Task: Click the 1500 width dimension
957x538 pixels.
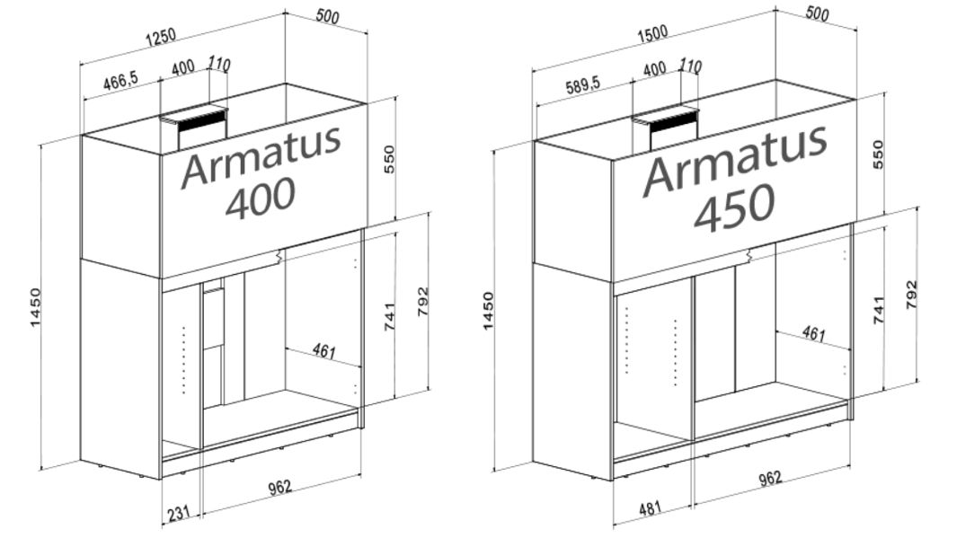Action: [x=651, y=33]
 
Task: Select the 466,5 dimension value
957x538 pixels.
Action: [x=120, y=82]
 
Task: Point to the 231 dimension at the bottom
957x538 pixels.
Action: [x=180, y=515]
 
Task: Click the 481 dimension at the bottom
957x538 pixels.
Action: [x=651, y=508]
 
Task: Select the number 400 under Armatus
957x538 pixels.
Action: [x=260, y=198]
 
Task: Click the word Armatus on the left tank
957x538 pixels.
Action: [x=261, y=156]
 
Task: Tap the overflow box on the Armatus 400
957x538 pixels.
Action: [x=195, y=127]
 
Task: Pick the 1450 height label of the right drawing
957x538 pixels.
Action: [x=488, y=310]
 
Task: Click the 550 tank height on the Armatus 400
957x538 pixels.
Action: [x=390, y=159]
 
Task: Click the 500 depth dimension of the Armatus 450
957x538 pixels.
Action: [x=817, y=13]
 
